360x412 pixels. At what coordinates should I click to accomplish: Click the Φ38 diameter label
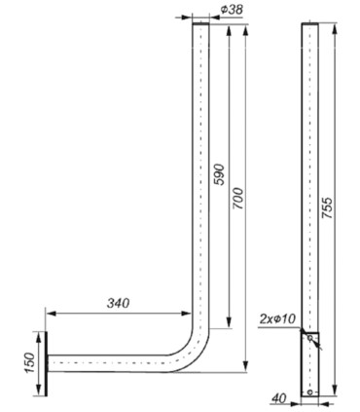coord(232,10)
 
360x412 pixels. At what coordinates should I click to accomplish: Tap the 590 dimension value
coord(219,174)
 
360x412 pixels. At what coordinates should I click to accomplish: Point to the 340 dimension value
coord(118,303)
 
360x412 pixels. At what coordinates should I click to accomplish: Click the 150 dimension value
coord(29,362)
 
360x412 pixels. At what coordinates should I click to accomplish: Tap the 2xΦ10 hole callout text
coord(278,319)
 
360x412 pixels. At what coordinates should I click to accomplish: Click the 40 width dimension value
coord(279,398)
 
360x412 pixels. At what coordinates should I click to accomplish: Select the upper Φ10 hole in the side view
coord(310,338)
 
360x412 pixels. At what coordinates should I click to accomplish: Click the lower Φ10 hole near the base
coord(310,393)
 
